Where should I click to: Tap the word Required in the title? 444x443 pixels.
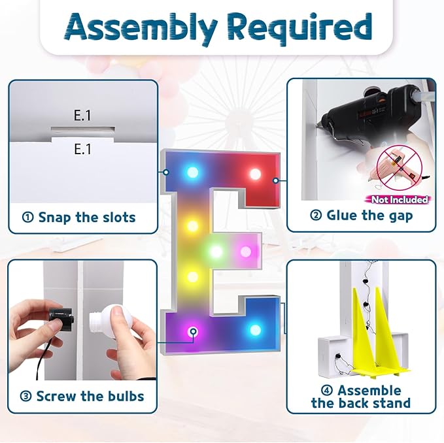[300, 27]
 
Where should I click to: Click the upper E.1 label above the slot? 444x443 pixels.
[82, 116]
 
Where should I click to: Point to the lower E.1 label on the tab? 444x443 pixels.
[82, 149]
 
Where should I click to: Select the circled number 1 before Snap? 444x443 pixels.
[27, 218]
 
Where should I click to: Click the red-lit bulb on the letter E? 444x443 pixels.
[255, 174]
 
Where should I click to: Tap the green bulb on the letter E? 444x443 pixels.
[216, 251]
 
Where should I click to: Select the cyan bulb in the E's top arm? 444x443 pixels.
[192, 172]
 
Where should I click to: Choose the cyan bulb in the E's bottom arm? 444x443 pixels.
[255, 329]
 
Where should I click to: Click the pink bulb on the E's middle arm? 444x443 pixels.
[245, 252]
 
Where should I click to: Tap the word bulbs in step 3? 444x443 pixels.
[124, 396]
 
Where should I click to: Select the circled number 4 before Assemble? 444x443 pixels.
[327, 391]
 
